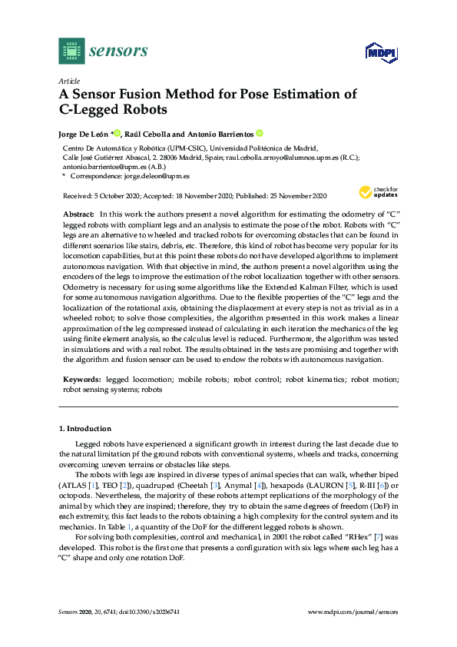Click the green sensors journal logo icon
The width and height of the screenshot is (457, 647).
(x=71, y=51)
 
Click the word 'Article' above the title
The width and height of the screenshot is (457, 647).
(x=68, y=81)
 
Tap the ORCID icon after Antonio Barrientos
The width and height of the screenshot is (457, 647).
(x=260, y=133)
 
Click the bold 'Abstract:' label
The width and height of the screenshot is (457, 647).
(x=78, y=213)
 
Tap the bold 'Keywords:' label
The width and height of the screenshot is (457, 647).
(x=81, y=380)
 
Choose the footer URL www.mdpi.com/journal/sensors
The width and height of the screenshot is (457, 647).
(x=353, y=632)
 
